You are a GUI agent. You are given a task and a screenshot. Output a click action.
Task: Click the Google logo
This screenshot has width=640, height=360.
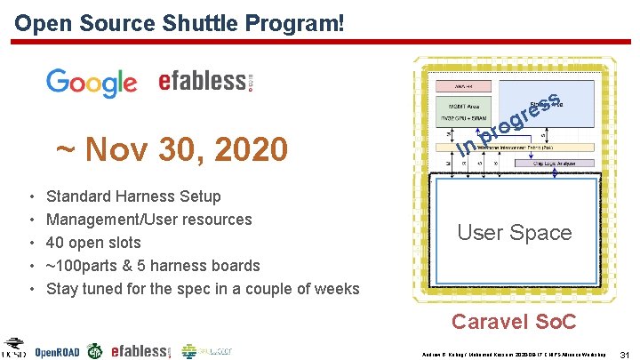92,82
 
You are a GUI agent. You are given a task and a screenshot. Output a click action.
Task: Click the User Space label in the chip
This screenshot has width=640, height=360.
515,233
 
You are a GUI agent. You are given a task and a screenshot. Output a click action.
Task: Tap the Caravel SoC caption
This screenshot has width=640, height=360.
513,322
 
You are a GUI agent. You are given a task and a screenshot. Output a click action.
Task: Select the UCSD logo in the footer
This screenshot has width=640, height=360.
13,349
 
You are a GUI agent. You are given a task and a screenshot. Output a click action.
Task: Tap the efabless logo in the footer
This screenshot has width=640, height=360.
140,351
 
